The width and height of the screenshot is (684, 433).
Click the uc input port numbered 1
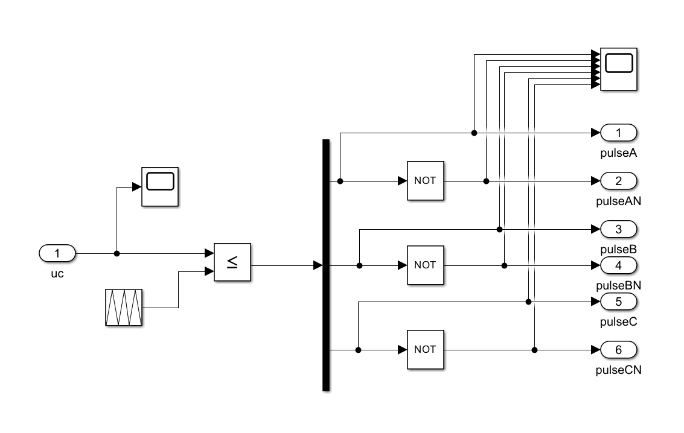coord(57,253)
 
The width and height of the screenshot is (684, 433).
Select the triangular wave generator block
coord(124,308)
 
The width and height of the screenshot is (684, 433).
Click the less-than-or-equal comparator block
coord(232,262)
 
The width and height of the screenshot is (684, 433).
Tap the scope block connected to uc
coord(160,187)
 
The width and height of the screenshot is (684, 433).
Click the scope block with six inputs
coord(619,69)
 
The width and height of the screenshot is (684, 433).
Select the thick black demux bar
coord(326,265)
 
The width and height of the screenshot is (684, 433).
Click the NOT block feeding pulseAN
coord(426,181)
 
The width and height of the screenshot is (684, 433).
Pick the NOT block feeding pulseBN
coord(426,265)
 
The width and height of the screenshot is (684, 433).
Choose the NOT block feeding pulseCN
coord(426,350)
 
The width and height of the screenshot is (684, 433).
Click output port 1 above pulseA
coord(619,133)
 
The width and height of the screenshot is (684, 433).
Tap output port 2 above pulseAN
coord(619,181)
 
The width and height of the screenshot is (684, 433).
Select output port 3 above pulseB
coord(619,229)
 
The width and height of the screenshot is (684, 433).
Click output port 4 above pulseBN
coord(619,265)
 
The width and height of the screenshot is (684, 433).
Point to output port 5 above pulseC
coord(619,302)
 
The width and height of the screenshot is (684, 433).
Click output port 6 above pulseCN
coord(619,350)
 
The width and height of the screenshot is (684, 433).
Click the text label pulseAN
coord(619,201)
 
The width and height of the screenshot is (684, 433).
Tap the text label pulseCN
coord(619,370)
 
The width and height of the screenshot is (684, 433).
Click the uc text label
coord(57,274)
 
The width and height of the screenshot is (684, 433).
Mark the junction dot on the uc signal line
coord(117,253)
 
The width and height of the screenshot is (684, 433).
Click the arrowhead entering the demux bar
coord(318,265)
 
